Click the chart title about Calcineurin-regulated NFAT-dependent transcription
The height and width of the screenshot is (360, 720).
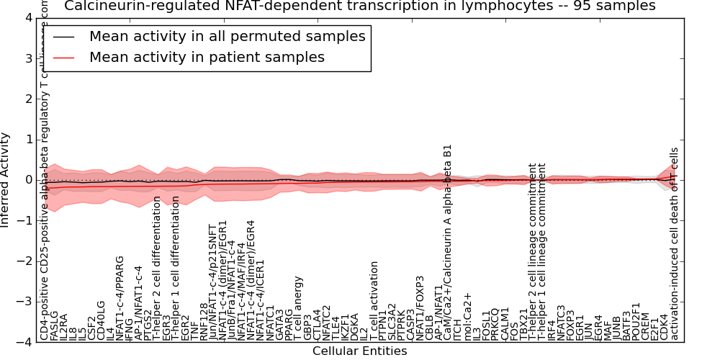click(360, 6)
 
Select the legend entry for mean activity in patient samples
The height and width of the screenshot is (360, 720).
click(207, 57)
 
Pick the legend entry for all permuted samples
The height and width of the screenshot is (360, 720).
click(227, 36)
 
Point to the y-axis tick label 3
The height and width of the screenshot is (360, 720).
click(28, 58)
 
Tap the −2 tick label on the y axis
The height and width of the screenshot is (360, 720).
click(24, 261)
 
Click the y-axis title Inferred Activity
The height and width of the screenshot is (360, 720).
click(6, 180)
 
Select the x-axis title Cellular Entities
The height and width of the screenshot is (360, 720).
click(359, 351)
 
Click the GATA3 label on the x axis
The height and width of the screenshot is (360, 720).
click(280, 325)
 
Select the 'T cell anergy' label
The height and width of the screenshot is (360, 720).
click(299, 308)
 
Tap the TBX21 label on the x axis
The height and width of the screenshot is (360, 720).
click(523, 325)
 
